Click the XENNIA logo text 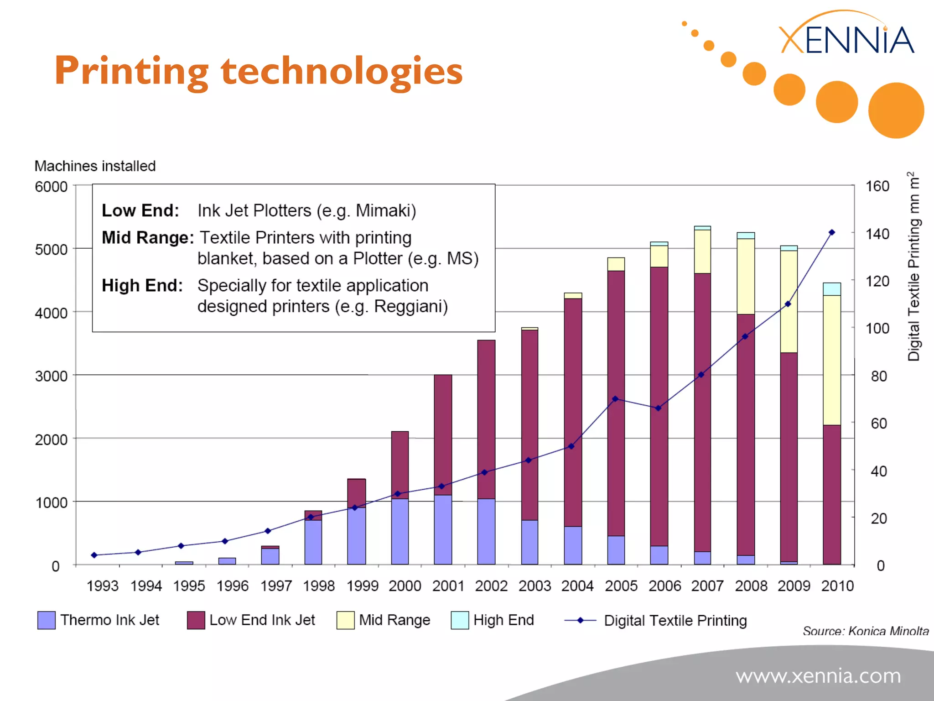click(x=846, y=40)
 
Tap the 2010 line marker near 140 click(x=831, y=233)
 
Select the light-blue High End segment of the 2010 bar click(x=831, y=289)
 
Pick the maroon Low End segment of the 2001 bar click(x=442, y=434)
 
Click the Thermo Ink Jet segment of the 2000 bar click(x=400, y=531)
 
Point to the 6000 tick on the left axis click(x=51, y=187)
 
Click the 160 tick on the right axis click(x=877, y=186)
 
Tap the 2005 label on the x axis click(x=621, y=586)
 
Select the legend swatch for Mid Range click(x=345, y=620)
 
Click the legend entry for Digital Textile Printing click(x=675, y=621)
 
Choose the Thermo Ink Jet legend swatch click(x=46, y=620)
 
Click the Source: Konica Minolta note click(x=865, y=631)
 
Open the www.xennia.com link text click(x=818, y=675)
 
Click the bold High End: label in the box click(x=142, y=286)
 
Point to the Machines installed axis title click(x=95, y=166)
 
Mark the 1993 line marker click(x=94, y=555)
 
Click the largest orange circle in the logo click(x=896, y=110)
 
